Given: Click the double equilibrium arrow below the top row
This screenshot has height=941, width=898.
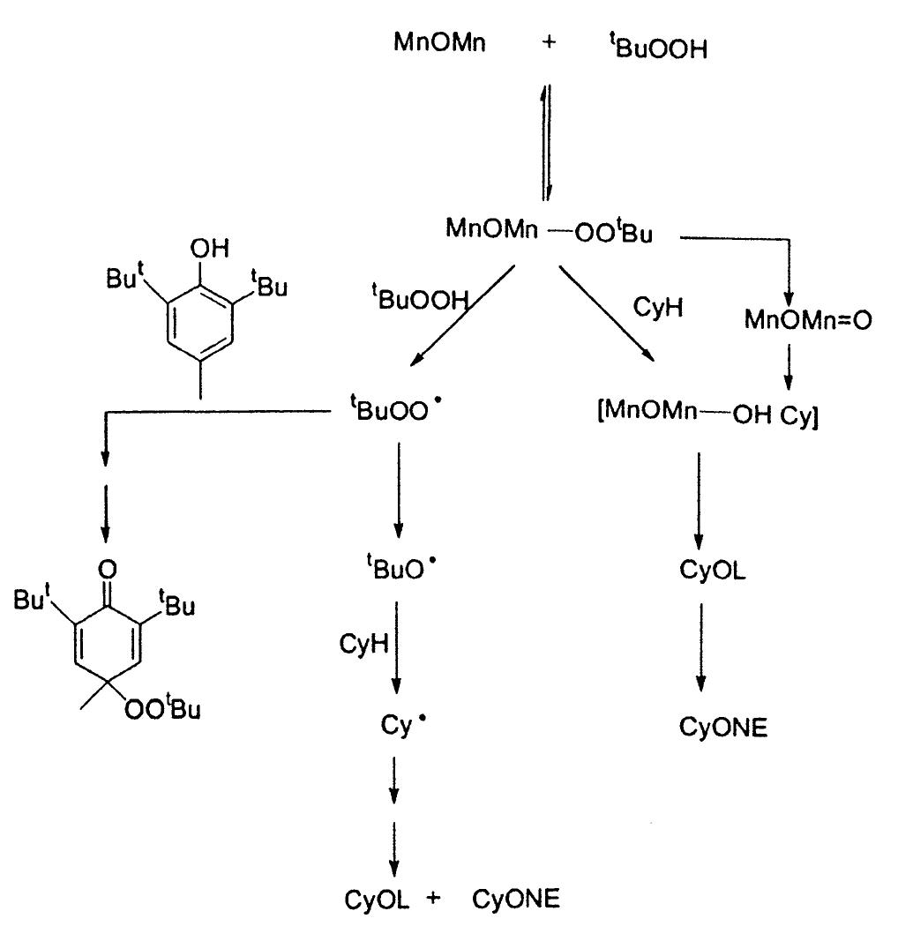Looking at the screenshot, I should [547, 140].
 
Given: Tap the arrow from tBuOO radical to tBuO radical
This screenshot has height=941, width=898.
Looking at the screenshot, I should [398, 490].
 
